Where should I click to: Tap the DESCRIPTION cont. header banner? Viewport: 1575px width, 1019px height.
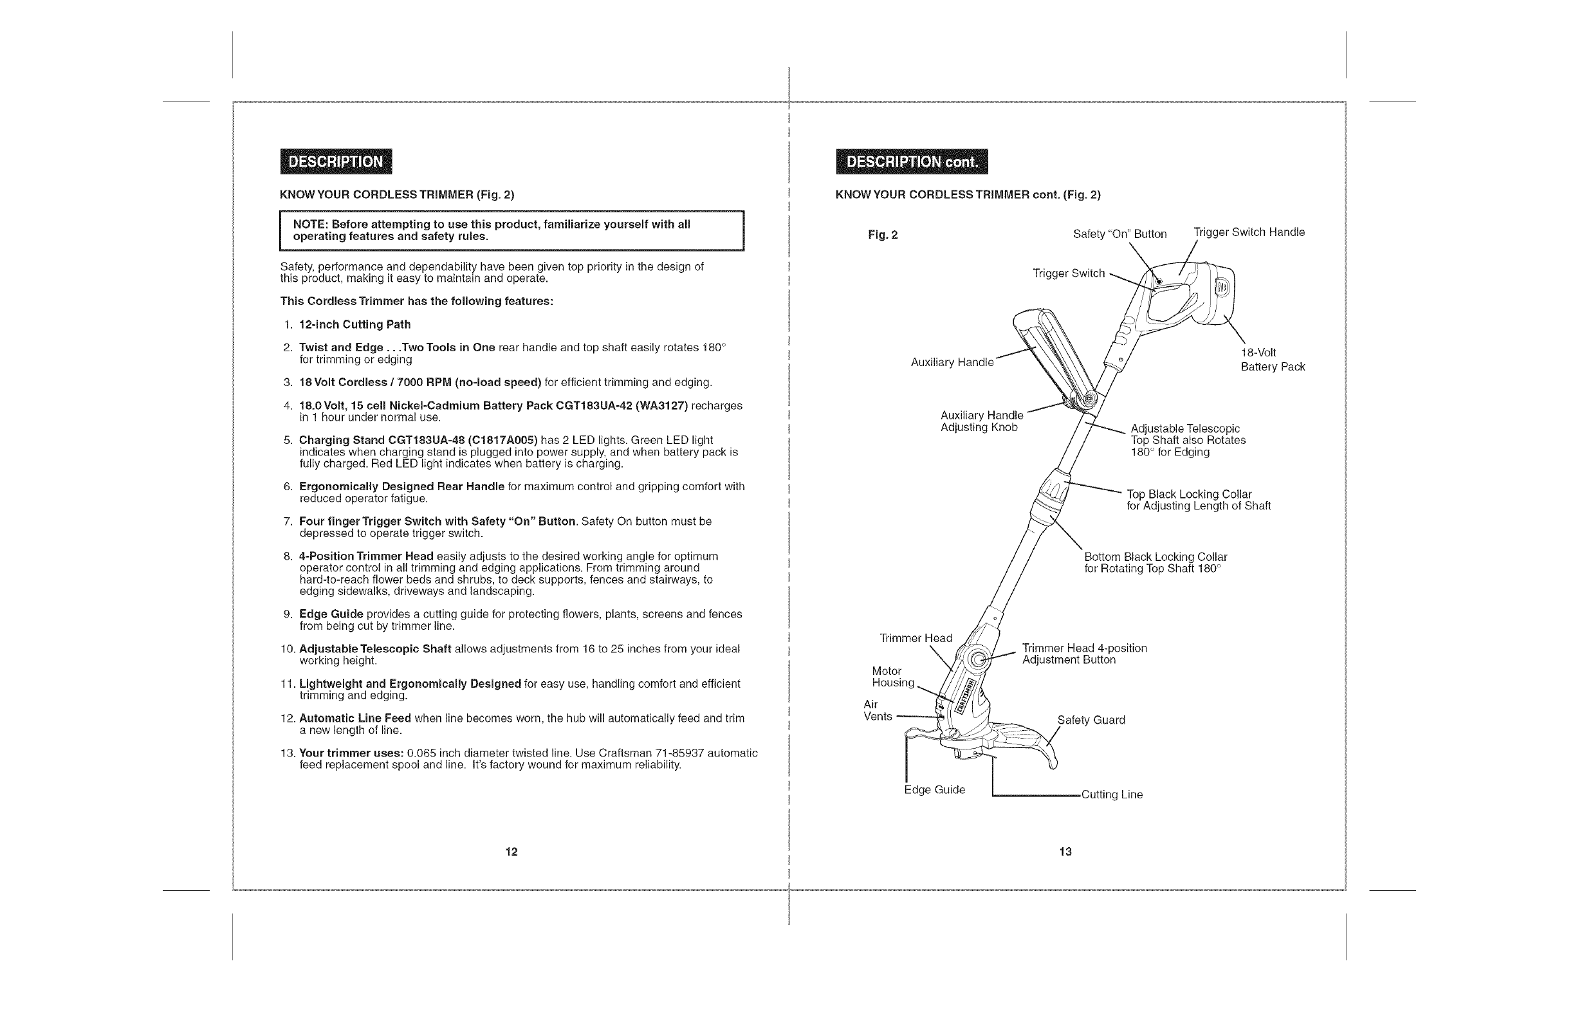(x=911, y=161)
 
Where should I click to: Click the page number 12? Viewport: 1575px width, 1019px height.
(x=511, y=852)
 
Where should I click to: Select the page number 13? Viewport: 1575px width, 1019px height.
(x=1065, y=852)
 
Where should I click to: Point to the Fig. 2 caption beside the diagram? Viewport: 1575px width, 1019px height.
(x=883, y=235)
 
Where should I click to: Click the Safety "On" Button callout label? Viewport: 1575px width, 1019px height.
(x=1119, y=234)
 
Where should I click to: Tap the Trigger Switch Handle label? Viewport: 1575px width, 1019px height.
(x=1249, y=232)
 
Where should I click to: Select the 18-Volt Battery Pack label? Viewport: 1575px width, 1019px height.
(x=1272, y=360)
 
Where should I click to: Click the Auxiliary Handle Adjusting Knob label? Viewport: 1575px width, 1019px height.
(x=981, y=421)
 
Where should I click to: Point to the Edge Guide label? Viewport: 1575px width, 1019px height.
(x=934, y=790)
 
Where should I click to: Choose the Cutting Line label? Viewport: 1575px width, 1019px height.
(x=1112, y=794)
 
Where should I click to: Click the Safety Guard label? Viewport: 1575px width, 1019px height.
(x=1091, y=720)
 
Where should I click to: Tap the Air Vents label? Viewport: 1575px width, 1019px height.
(x=878, y=711)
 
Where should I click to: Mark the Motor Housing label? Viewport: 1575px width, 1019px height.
(x=892, y=677)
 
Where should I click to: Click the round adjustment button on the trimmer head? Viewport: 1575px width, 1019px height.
(x=979, y=659)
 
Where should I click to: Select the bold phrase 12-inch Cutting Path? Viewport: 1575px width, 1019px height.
(x=355, y=324)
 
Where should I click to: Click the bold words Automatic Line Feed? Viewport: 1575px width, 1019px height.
(x=355, y=719)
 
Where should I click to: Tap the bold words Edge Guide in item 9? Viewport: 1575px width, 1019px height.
(x=331, y=614)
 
